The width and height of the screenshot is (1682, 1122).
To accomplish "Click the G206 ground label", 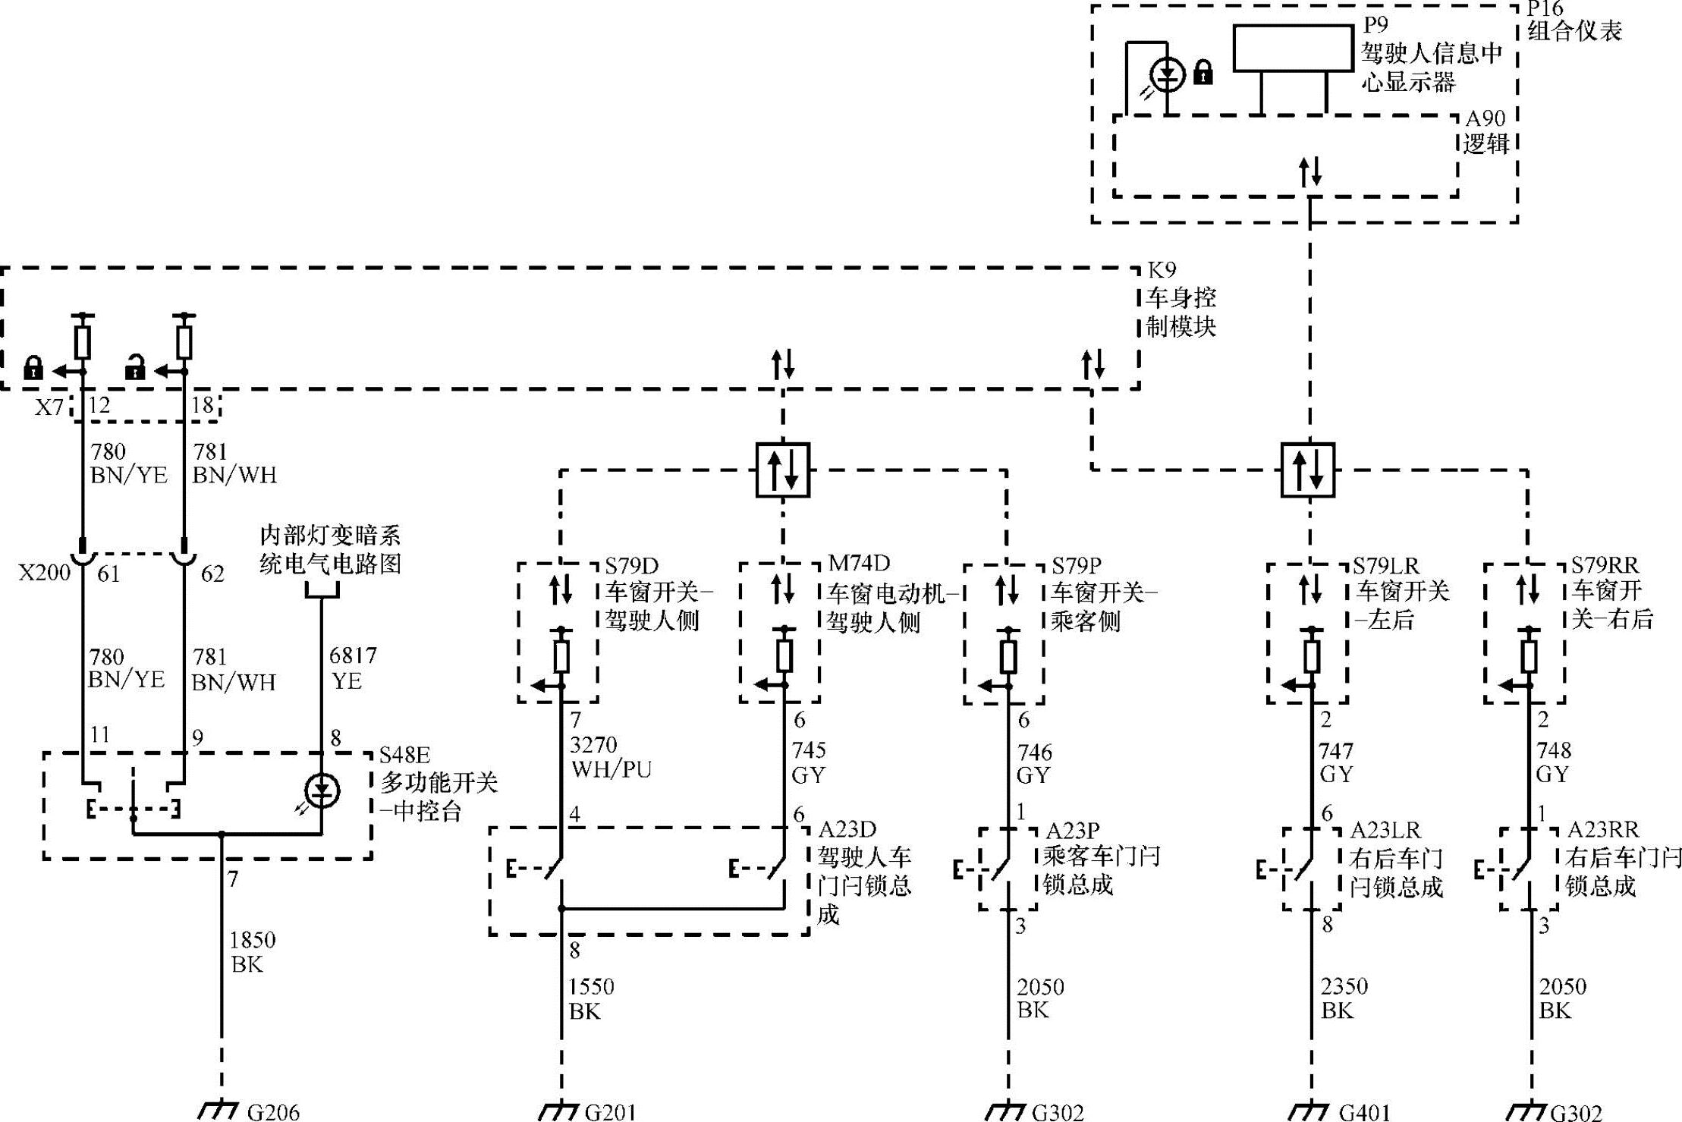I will tap(273, 1112).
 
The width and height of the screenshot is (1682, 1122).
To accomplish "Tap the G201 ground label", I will tap(610, 1112).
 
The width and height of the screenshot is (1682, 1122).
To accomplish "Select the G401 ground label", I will tap(1364, 1112).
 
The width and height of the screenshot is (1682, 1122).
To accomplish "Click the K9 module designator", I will tap(1162, 270).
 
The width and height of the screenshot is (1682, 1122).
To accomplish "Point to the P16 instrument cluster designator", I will tap(1545, 9).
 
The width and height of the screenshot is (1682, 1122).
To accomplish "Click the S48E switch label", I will tap(404, 755).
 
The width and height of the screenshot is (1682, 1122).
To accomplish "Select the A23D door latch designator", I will tap(847, 829).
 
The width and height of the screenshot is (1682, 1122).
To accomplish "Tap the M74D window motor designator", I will tap(858, 564).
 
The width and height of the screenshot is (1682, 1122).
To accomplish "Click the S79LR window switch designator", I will tap(1385, 566).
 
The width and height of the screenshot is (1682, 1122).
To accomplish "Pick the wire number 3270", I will tap(593, 744).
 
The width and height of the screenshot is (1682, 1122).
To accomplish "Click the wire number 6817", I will tap(353, 655).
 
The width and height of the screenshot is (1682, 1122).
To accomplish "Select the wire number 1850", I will tap(253, 940).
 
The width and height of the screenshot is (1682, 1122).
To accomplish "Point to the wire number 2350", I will tap(1344, 986).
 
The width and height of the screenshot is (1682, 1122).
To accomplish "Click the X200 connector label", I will tap(44, 573).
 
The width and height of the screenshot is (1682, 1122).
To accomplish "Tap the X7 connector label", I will tap(49, 408).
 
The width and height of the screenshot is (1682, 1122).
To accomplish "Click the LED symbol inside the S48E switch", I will tap(322, 792).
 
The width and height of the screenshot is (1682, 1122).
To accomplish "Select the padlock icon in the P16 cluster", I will tap(1203, 73).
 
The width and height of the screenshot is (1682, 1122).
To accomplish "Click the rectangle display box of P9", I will tap(1293, 49).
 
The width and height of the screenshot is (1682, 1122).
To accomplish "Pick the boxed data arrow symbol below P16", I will tap(1308, 470).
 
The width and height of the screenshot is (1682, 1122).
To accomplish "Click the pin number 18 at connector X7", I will tap(203, 405).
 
